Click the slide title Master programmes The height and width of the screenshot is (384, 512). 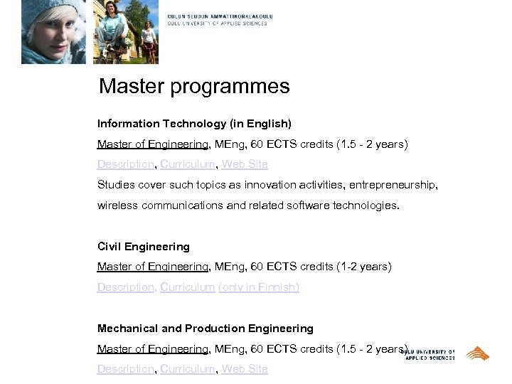point(194,87)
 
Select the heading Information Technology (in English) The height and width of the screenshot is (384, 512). point(194,124)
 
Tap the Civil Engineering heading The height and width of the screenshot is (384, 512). point(144,247)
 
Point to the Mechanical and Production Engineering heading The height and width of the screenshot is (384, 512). point(206,329)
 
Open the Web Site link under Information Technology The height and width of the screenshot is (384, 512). point(245,164)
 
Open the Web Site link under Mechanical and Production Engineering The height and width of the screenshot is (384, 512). point(245,369)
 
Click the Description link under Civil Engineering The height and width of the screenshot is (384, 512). point(126,287)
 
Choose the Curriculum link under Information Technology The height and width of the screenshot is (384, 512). point(188,164)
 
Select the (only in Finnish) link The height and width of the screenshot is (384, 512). point(259,287)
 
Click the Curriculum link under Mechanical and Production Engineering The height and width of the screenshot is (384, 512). point(188,369)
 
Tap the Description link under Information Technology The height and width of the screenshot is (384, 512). point(126,164)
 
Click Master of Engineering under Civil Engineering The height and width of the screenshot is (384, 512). point(153,267)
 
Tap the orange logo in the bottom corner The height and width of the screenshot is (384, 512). point(477,353)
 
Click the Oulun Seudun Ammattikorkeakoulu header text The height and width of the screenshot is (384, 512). point(220,16)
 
